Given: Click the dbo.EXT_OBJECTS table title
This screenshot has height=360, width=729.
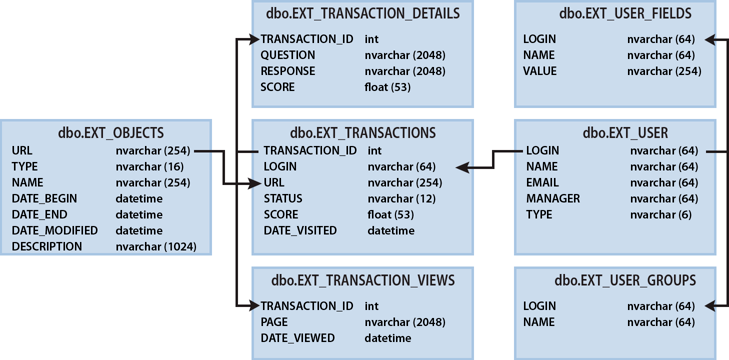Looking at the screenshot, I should [x=105, y=132].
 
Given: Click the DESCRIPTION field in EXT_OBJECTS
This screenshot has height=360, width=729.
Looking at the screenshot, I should [x=47, y=246].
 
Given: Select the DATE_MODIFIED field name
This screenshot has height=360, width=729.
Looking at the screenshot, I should [x=50, y=230].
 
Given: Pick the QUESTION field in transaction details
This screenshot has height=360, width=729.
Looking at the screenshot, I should [x=288, y=55].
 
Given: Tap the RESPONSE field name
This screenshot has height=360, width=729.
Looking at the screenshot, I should [x=288, y=71].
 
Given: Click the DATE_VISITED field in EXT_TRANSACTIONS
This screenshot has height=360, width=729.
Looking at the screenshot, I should [x=300, y=230].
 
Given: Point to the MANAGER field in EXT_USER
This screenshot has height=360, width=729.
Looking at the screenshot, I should [x=553, y=198].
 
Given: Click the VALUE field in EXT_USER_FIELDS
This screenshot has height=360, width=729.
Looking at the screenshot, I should [x=540, y=71].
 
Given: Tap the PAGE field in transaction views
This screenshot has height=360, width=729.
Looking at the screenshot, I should [x=275, y=321].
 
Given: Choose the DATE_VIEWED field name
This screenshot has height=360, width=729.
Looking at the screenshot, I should [x=298, y=337].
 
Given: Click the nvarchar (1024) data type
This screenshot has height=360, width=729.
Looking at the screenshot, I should [x=156, y=246].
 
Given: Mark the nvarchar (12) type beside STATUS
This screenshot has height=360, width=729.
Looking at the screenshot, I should [x=402, y=198].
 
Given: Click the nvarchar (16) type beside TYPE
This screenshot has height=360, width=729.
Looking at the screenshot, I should [x=148, y=166].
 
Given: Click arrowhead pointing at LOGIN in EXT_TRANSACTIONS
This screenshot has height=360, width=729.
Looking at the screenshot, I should [x=462, y=167].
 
